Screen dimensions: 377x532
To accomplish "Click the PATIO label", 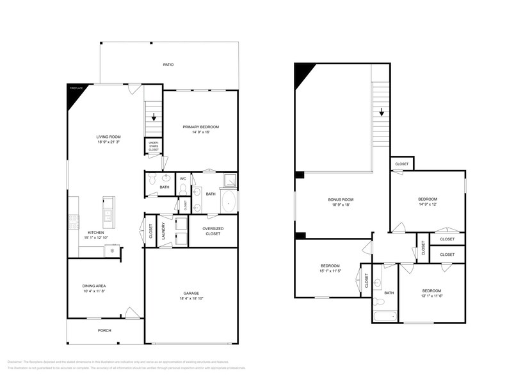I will click(168, 65).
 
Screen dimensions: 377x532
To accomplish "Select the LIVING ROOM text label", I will click(108, 137).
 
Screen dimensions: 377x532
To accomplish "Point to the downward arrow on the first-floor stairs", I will click(154, 117).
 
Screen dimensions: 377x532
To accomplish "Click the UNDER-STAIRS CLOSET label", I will click(154, 147).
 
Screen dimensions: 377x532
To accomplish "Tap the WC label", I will click(182, 178).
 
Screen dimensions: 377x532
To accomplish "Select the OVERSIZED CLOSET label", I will click(212, 231).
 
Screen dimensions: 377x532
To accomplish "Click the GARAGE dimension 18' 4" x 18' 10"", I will click(191, 298).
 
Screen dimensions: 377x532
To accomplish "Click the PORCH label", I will click(104, 330).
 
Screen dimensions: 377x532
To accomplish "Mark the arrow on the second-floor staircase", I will click(382, 112).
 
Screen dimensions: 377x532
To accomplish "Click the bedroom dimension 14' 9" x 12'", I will click(428, 203).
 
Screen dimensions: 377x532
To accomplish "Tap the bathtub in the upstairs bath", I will click(385, 315).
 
